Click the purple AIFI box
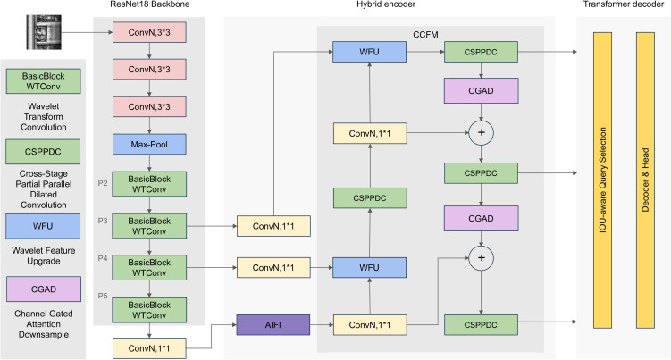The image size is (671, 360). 273,325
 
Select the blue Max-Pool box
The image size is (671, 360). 149,144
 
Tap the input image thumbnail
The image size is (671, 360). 44,32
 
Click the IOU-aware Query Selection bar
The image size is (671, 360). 602,180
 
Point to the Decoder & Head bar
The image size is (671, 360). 645,180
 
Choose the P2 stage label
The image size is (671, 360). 103,183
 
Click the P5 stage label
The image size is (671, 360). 103,296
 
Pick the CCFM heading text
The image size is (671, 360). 425,35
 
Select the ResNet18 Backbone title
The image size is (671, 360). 150,4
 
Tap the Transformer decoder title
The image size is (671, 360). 624,4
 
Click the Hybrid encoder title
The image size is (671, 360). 386,4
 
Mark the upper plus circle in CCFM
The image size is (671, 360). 481,133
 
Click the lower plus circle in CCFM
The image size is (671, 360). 481,258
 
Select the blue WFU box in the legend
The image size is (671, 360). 43,226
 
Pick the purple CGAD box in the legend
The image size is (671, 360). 44,289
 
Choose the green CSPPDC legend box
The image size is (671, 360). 43,152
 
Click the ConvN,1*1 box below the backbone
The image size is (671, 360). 149,348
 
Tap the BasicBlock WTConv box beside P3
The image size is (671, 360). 149,226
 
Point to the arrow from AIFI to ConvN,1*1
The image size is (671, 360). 322,325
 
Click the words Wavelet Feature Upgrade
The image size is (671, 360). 44,255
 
